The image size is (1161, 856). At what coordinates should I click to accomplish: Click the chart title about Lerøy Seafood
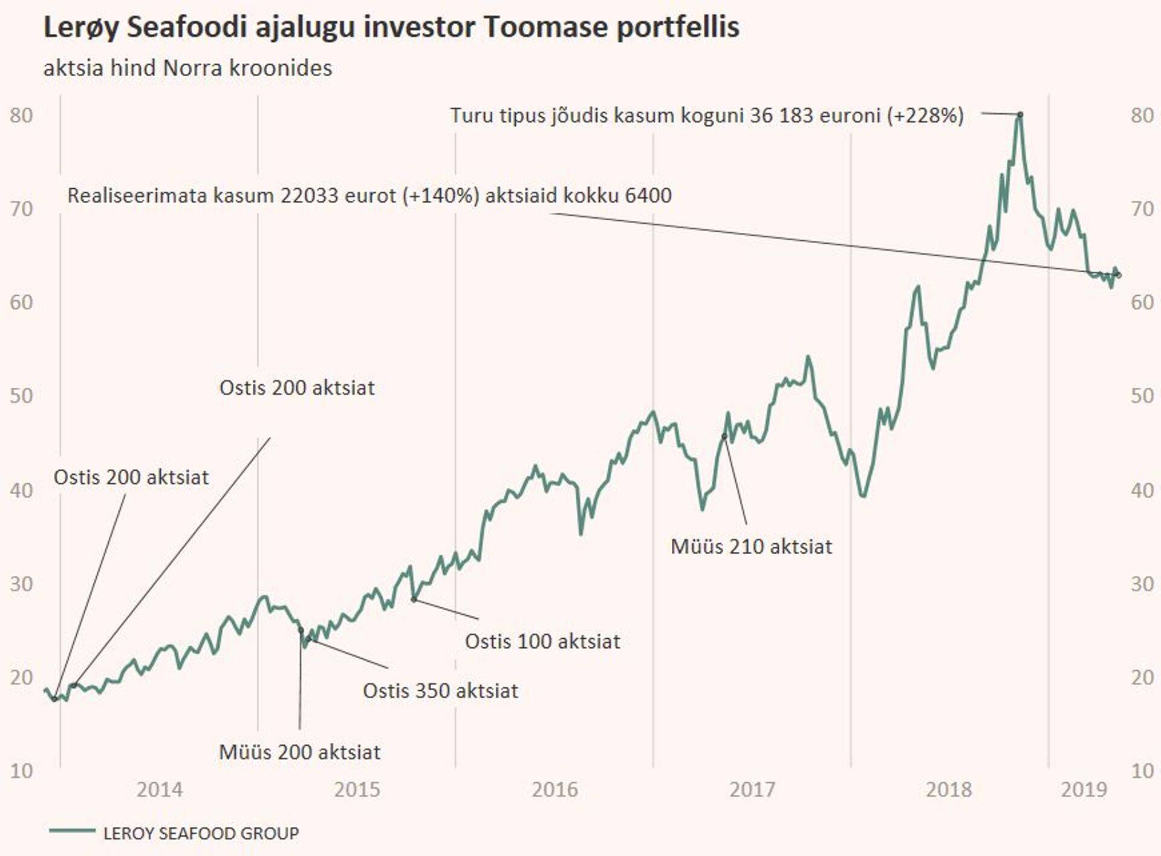(391, 28)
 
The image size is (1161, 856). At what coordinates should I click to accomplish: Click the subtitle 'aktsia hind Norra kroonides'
(187, 68)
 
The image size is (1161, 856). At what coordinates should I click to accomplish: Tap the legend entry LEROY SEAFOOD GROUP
(201, 833)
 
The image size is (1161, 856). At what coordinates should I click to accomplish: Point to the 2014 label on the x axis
(159, 789)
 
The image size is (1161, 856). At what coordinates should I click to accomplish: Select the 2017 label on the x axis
(752, 789)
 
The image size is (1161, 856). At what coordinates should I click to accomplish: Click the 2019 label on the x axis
(1084, 789)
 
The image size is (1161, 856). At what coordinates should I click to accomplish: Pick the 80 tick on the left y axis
(22, 115)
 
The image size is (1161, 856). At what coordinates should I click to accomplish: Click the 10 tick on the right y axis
(1142, 771)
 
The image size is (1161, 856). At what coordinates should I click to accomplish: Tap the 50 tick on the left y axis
(22, 396)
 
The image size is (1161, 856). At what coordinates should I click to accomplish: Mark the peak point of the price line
(1020, 114)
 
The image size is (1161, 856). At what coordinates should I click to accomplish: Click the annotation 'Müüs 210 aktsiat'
(751, 547)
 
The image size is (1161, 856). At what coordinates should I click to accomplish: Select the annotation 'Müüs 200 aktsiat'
(299, 752)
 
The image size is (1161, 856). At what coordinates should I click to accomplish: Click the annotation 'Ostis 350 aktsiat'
(440, 691)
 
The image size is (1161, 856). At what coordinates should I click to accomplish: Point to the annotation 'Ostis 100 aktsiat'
(542, 641)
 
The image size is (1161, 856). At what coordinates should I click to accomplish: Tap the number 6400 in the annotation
(648, 195)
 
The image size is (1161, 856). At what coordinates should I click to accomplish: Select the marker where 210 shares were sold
(724, 436)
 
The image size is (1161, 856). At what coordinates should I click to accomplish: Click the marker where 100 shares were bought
(414, 600)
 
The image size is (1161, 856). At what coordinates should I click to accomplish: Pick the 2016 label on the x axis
(554, 789)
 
